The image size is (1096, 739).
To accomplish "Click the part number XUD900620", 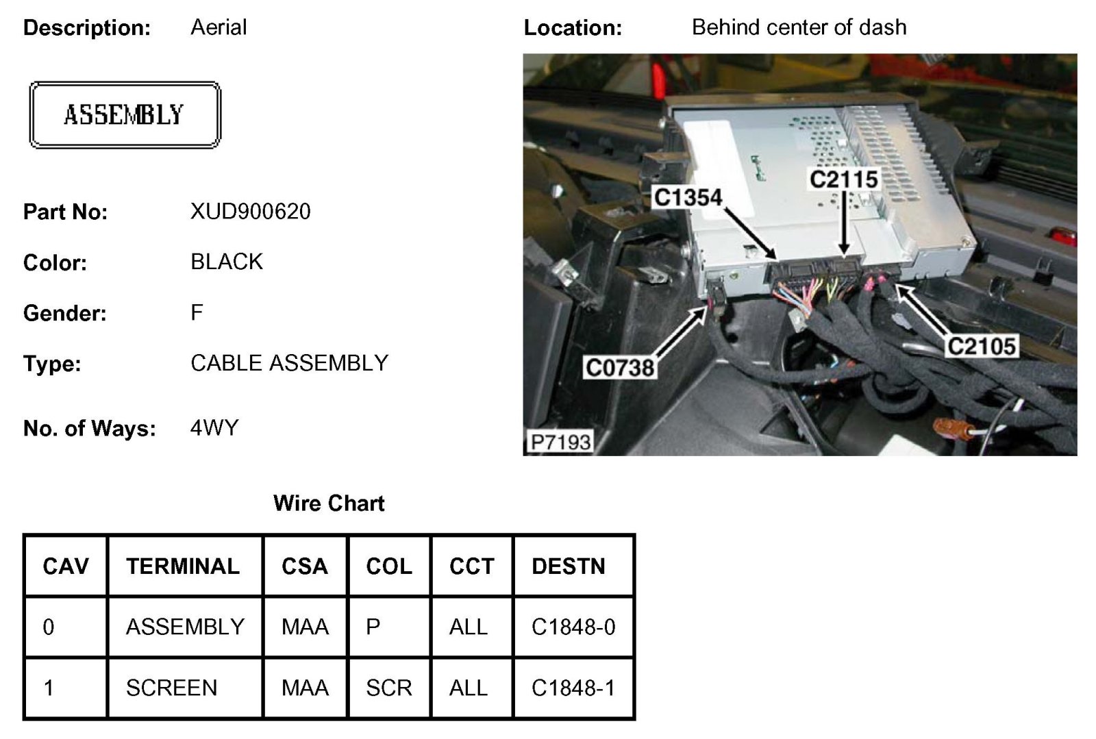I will (x=250, y=212).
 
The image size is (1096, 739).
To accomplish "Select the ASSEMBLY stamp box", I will (x=125, y=115).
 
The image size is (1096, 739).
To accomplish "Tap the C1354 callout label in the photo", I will (x=688, y=197).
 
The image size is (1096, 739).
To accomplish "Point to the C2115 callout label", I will (x=843, y=179).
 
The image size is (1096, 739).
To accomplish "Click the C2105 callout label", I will (x=981, y=346).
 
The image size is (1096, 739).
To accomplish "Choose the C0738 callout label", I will (x=620, y=368).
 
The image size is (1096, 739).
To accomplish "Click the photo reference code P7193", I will (x=560, y=442).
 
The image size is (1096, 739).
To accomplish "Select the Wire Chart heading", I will (x=329, y=503).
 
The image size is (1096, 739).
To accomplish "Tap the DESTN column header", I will (x=569, y=566).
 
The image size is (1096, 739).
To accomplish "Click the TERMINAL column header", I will (x=183, y=566).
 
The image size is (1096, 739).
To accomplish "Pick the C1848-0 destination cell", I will (x=573, y=627).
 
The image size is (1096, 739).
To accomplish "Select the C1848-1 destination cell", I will (x=573, y=688).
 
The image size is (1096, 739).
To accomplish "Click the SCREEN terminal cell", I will (x=171, y=688).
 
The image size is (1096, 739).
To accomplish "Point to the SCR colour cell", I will (x=388, y=688).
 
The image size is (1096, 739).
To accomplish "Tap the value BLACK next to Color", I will (x=227, y=262).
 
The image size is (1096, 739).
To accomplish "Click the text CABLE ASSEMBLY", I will (x=289, y=363).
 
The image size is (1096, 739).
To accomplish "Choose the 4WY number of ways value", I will (x=214, y=428).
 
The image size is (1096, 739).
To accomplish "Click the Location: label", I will (x=573, y=28).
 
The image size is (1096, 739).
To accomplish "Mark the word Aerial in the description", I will (x=219, y=27).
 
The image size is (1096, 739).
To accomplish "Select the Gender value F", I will (x=197, y=312).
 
